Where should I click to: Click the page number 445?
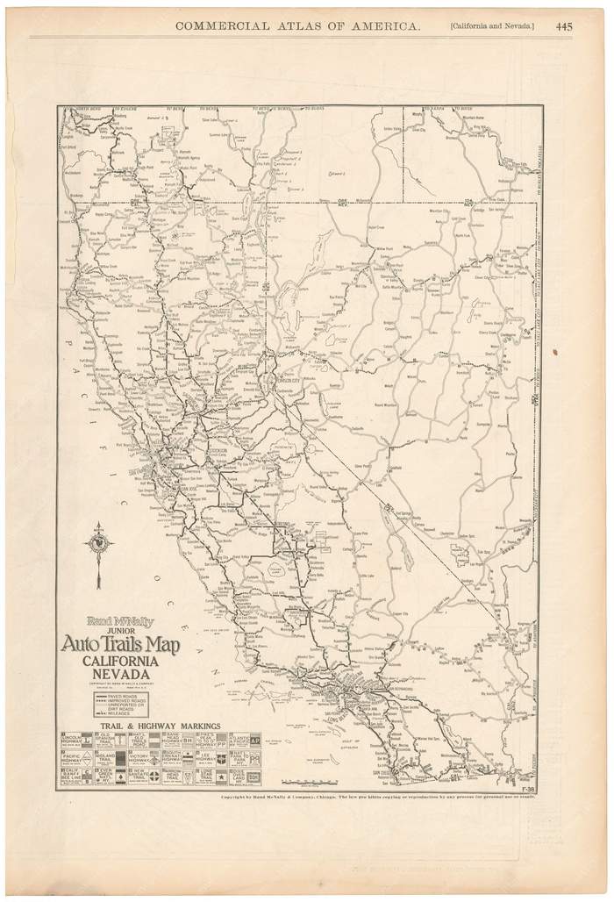coord(564,26)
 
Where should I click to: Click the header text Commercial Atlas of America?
coord(297,26)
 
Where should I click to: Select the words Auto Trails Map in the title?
coord(120,646)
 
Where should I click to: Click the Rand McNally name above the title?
coord(120,620)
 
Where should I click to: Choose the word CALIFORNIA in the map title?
coord(120,661)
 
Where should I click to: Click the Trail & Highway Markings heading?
coord(161,726)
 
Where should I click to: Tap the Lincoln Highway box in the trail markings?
coord(76,740)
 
